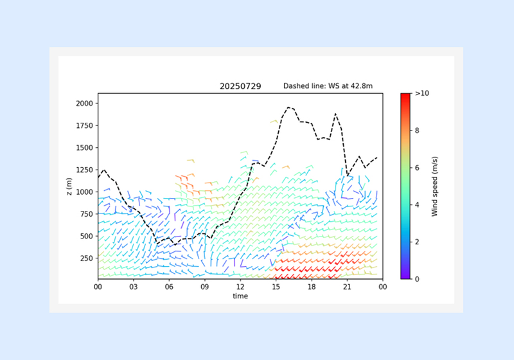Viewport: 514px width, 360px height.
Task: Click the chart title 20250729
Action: [x=240, y=86]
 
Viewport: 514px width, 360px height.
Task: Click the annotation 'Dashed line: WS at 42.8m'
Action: [x=328, y=86]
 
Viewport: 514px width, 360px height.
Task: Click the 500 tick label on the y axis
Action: [x=86, y=236]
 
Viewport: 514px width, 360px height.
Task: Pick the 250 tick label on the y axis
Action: [x=86, y=258]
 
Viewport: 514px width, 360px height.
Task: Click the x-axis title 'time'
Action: [x=240, y=296]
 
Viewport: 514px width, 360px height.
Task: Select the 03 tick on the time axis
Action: [x=133, y=287]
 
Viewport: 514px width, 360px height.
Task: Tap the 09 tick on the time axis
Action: [x=204, y=287]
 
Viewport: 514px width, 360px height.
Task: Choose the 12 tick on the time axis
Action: [x=240, y=287]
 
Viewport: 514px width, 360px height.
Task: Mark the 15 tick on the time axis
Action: [x=276, y=287]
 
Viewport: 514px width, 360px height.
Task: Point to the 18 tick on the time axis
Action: [x=312, y=287]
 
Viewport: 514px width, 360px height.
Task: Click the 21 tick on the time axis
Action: [x=347, y=287]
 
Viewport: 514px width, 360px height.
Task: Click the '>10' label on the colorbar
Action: [x=422, y=94]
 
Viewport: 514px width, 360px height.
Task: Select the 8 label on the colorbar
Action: [x=418, y=130]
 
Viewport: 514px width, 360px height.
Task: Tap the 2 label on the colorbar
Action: [x=418, y=242]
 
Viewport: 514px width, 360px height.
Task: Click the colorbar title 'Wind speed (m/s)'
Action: [x=435, y=186]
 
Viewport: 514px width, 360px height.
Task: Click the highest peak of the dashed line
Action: [x=288, y=107]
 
